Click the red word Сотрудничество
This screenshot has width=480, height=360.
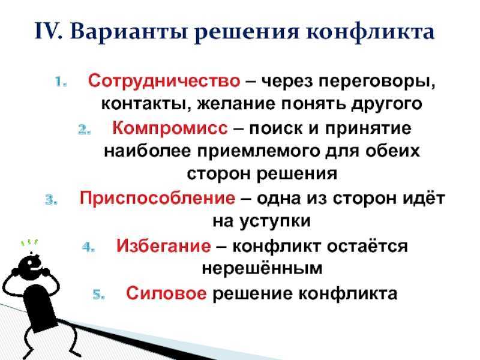[164, 82]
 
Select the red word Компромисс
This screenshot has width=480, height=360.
[170, 128]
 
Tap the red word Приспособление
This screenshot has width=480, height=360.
[157, 198]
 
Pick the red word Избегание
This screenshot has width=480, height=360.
[164, 245]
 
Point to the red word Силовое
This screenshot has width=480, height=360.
[166, 293]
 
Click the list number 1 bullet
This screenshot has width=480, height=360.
[61, 82]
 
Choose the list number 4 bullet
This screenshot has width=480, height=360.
[88, 247]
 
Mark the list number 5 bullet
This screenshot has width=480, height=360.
[99, 295]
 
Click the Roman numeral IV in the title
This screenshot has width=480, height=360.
[49, 31]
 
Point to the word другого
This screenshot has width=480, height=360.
[386, 104]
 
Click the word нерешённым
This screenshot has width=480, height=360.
[262, 268]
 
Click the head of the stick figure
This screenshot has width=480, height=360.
[31, 266]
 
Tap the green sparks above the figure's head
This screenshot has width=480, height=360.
[29, 243]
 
